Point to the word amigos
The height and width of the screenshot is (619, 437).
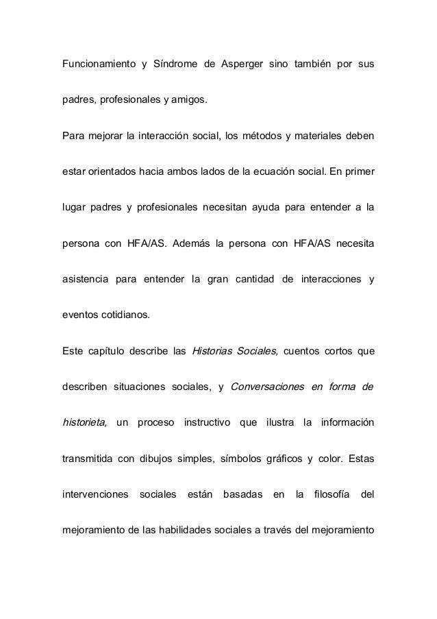tap(188, 102)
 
